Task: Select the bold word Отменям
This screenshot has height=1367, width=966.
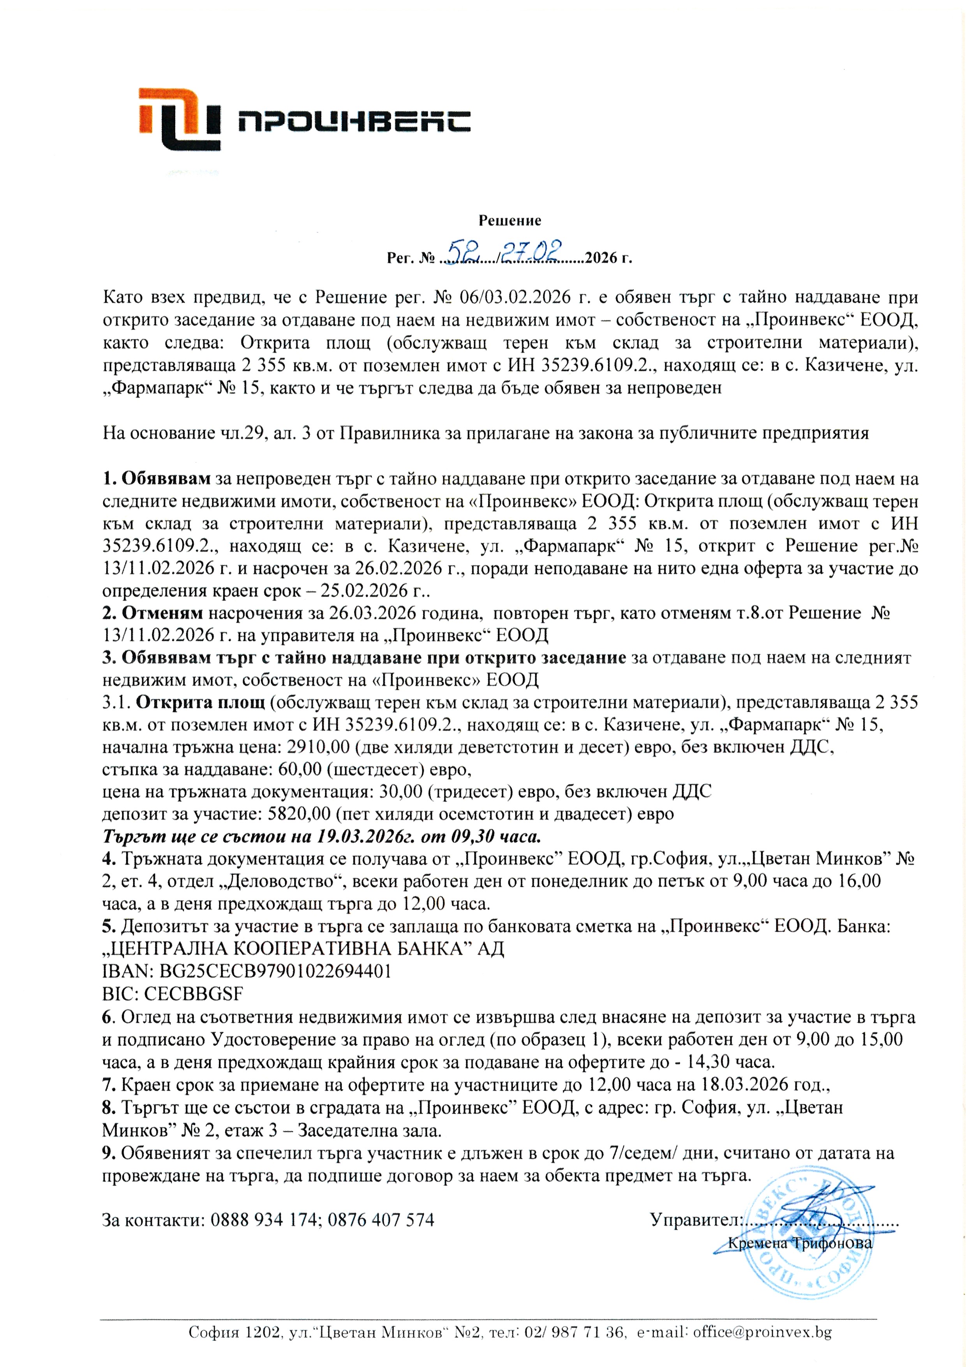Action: click(x=162, y=613)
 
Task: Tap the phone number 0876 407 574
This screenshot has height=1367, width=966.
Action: click(x=381, y=1220)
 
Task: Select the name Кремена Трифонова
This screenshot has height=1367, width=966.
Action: click(x=800, y=1243)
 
